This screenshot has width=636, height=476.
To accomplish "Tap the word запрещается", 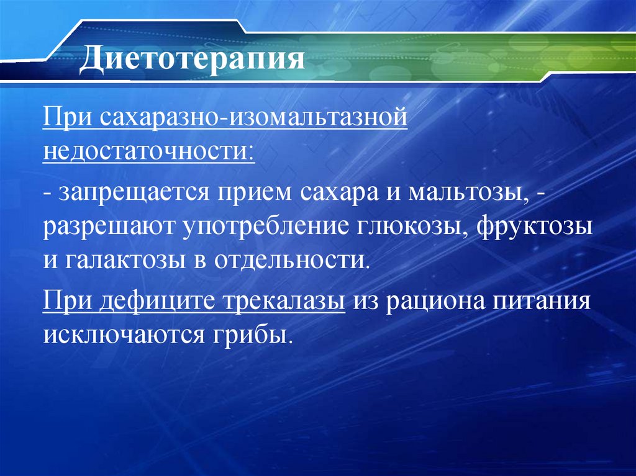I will [133, 193].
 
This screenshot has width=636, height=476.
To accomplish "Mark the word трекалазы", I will [282, 302].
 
